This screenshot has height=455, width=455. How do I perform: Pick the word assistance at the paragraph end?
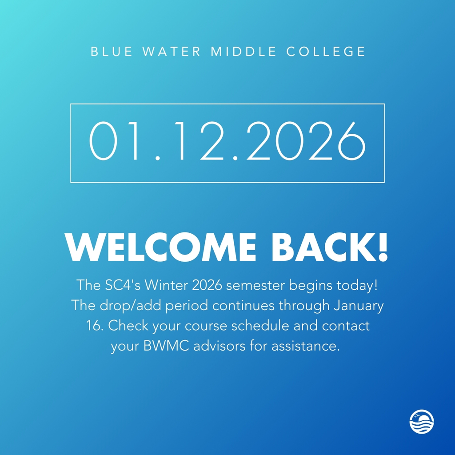pyautogui.click(x=309, y=346)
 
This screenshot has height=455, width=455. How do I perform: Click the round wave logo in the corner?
pyautogui.click(x=422, y=421)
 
